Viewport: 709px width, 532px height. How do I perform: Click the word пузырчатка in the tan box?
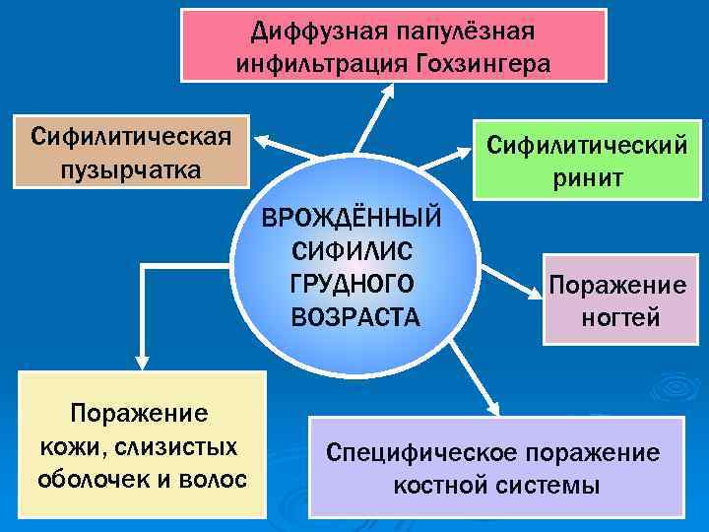130,168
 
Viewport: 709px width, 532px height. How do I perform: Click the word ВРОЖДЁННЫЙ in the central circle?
352,217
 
